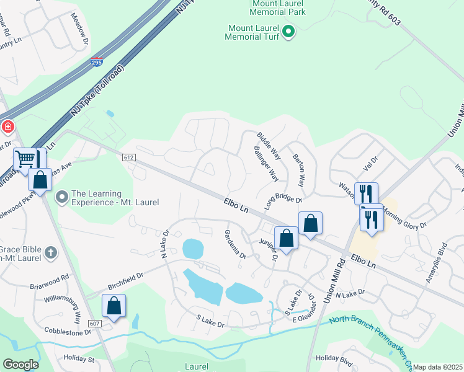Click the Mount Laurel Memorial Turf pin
(288, 30)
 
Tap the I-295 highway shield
(96, 62)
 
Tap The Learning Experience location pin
(62, 198)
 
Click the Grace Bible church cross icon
(51, 252)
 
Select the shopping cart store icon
(25, 159)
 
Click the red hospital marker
(7, 127)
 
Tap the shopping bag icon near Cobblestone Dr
(114, 306)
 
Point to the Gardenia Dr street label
(235, 244)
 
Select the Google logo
(20, 365)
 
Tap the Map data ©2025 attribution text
(438, 367)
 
